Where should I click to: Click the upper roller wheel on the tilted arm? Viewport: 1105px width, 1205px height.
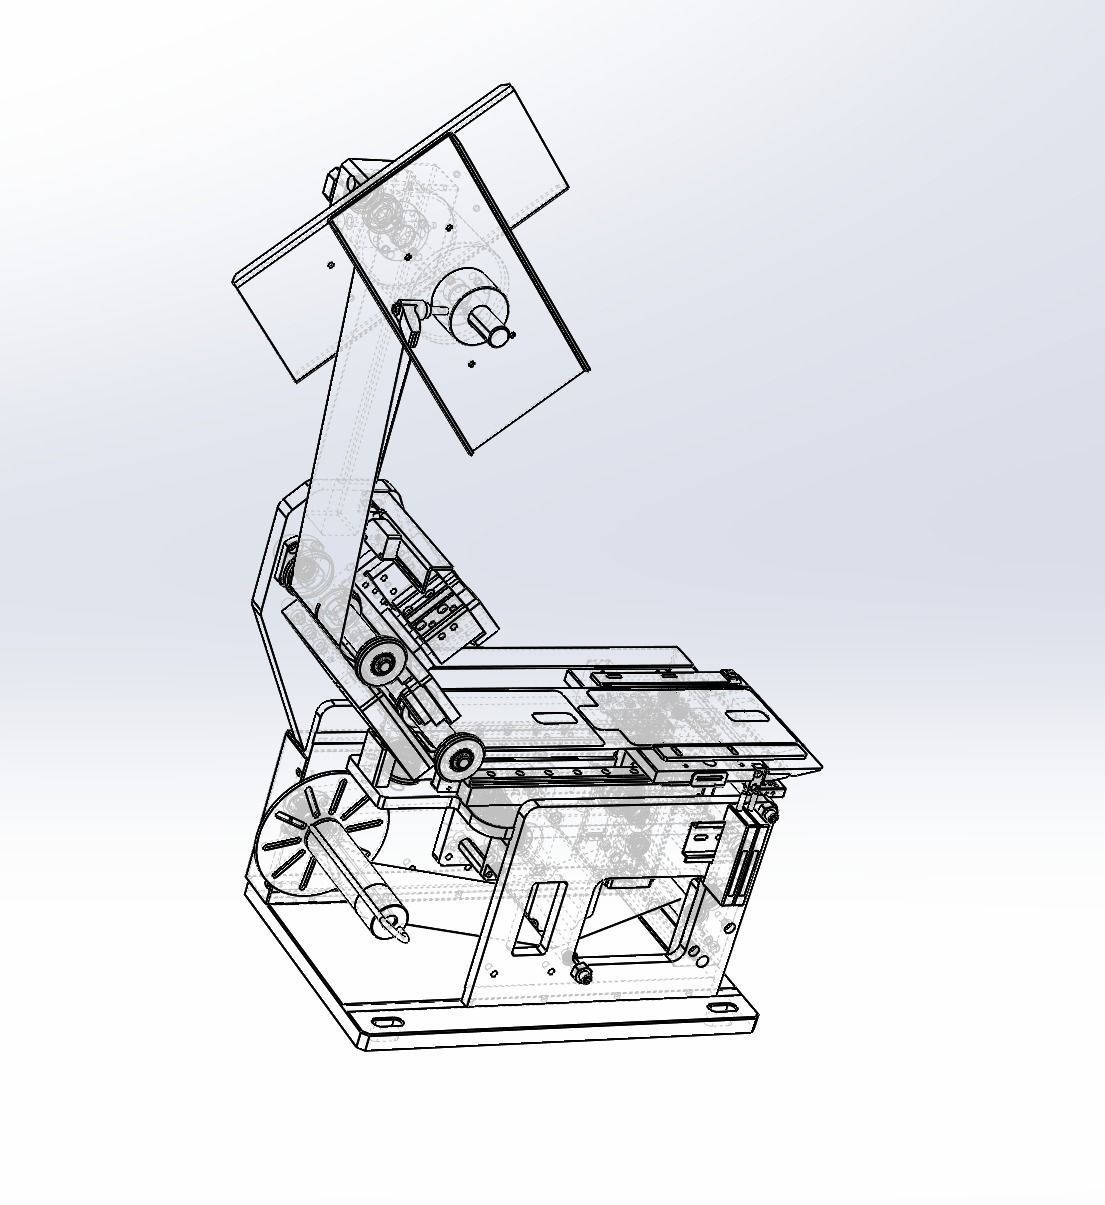[x=382, y=661]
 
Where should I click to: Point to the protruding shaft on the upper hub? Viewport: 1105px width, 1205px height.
[x=497, y=330]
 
